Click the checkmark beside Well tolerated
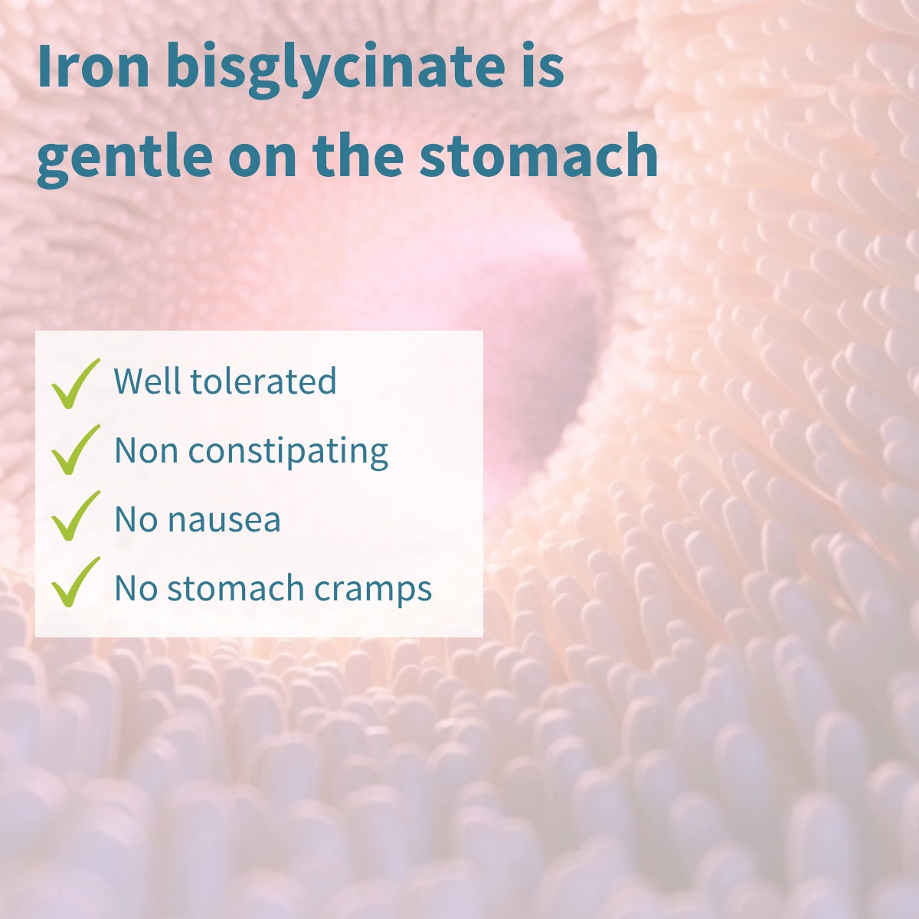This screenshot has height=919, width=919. [x=75, y=383]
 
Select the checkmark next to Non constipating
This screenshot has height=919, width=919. [x=75, y=450]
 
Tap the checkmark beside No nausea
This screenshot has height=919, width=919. [x=75, y=516]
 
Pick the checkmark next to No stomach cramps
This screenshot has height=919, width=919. [x=75, y=583]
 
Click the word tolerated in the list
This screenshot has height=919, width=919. [x=263, y=381]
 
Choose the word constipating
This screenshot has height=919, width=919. [x=288, y=451]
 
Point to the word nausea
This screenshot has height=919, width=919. [x=224, y=520]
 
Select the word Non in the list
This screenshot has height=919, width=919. [x=146, y=450]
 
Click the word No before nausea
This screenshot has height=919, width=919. [x=136, y=519]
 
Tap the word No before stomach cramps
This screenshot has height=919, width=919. [x=136, y=588]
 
